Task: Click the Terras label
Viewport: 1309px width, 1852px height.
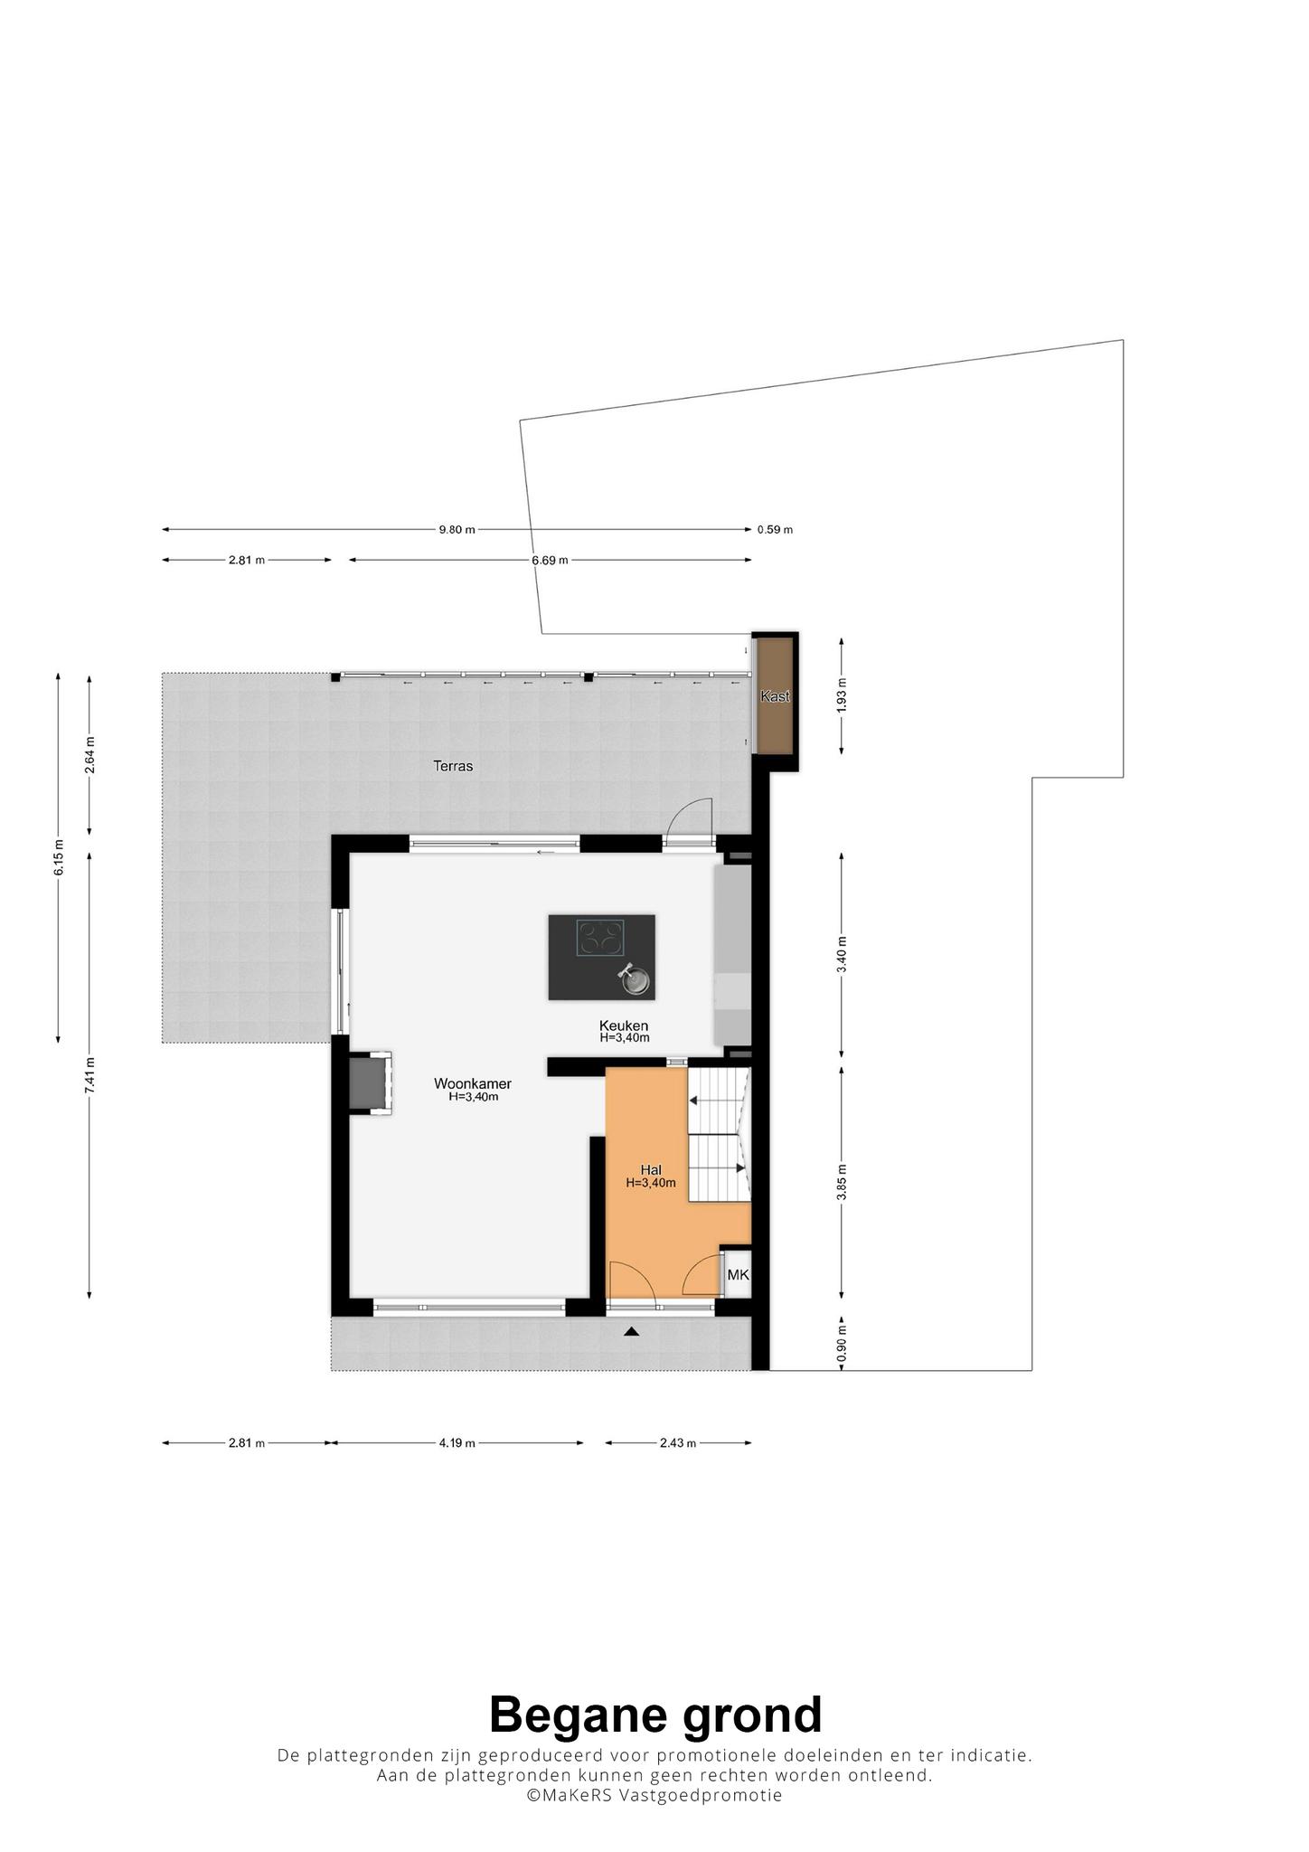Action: click(453, 766)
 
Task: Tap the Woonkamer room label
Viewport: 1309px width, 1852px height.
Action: click(473, 1083)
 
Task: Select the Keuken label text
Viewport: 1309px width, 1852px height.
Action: click(624, 1025)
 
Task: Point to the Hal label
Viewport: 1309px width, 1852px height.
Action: click(651, 1170)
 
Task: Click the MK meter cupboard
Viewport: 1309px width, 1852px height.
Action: click(738, 1275)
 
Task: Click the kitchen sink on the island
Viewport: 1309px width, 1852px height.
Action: click(636, 979)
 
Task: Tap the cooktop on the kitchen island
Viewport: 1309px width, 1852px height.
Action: click(601, 938)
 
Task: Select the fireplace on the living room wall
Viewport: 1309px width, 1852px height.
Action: click(371, 1082)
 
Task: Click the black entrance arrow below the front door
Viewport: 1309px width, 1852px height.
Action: click(631, 1331)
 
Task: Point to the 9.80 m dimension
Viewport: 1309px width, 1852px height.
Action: click(457, 530)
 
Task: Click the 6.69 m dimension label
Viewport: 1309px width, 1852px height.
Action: click(550, 561)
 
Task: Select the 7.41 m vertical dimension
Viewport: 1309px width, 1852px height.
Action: click(89, 1076)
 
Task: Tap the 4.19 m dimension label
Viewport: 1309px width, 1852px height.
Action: click(457, 1443)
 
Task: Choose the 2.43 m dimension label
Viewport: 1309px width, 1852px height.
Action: click(678, 1443)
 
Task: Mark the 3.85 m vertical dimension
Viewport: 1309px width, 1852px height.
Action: click(842, 1182)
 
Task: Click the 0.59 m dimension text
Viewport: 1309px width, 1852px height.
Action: click(775, 530)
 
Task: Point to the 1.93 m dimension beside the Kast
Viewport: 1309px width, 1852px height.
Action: click(842, 695)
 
